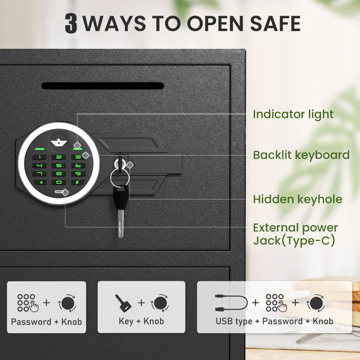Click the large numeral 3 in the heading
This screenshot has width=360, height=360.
click(71, 23)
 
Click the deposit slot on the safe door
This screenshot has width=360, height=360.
click(103, 86)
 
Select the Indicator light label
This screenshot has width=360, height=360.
click(293, 114)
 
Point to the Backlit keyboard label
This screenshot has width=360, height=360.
click(301, 155)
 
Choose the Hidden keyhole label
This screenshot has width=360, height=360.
click(298, 199)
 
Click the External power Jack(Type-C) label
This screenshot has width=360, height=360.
click(295, 234)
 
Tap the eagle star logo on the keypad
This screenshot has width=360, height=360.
click(59, 143)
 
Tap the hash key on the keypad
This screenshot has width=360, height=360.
click(78, 182)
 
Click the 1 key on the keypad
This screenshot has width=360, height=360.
click(39, 157)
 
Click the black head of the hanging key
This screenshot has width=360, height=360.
click(120, 197)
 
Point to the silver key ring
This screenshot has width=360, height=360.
click(120, 177)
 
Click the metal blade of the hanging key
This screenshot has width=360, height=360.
click(121, 224)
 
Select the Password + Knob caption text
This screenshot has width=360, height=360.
click(47, 322)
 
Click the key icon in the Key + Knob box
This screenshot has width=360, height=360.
click(123, 303)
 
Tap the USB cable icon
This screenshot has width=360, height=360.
click(231, 303)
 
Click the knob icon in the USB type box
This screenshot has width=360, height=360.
click(316, 303)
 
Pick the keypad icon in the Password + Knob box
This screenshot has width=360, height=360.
click(28, 303)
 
